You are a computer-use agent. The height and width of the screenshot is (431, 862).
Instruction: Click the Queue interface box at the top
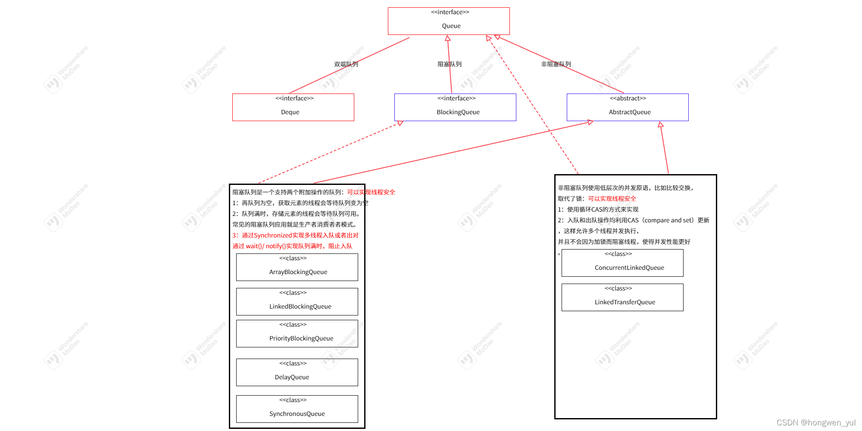449,21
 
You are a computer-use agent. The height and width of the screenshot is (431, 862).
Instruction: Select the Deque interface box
293,107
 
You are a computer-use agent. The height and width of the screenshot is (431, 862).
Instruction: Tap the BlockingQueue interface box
455,107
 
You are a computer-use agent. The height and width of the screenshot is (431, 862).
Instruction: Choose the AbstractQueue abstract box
628,107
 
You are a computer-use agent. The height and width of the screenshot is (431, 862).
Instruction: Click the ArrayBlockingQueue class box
297,267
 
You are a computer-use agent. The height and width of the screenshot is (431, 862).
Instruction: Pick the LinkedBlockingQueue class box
297,302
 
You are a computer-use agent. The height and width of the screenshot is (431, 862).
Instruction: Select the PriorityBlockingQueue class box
297,334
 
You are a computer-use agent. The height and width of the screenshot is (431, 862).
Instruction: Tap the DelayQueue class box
297,372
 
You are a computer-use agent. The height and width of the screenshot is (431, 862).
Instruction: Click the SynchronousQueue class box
297,409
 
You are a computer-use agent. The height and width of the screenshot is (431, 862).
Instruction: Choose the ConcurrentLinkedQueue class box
622,263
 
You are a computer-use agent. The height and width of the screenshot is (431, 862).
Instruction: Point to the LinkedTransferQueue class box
622,297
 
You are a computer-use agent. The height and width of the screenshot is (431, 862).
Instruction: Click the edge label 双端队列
346,64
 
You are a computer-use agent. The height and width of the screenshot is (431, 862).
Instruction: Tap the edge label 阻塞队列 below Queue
450,64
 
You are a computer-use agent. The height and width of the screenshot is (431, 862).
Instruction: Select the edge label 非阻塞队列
556,64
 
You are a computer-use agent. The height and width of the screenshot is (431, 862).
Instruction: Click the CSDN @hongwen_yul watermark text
816,423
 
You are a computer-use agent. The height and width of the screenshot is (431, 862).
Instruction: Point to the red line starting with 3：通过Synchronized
295,235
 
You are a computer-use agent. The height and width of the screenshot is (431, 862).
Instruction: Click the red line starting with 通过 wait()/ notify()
292,246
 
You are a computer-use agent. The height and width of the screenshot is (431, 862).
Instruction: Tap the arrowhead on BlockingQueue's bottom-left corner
400,123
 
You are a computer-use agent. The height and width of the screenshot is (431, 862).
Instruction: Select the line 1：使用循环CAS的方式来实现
598,209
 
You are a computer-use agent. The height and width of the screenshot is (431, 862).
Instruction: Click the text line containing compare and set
634,220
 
